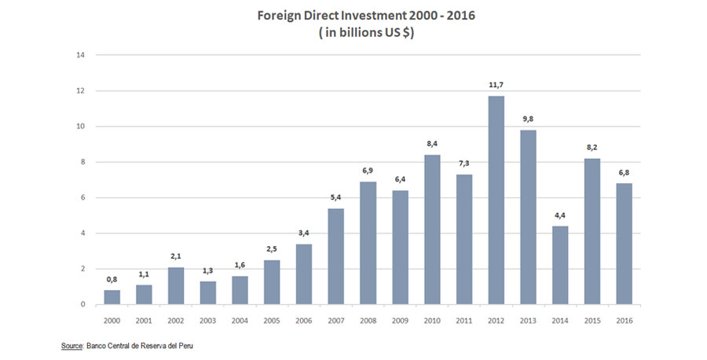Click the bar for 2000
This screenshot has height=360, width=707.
[x=112, y=297]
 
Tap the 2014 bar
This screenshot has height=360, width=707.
[x=560, y=265]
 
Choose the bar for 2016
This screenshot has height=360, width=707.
[x=625, y=244]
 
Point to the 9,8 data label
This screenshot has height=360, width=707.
[x=528, y=118]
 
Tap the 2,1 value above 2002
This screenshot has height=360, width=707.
[x=176, y=255]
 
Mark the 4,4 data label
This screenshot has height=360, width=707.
[x=560, y=215]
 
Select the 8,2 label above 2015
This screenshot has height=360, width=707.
[x=592, y=146]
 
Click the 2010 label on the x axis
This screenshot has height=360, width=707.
[x=432, y=320]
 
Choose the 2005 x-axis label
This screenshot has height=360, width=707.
[x=273, y=320]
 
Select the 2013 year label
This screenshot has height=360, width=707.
[x=528, y=320]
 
